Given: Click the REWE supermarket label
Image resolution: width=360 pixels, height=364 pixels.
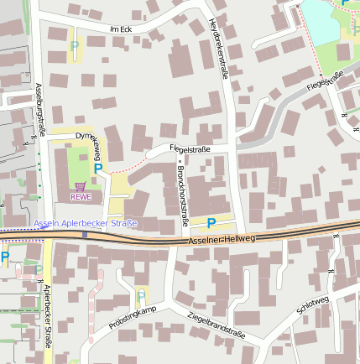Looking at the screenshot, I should (x=81, y=197).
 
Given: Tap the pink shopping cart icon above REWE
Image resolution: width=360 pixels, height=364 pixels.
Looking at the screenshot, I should (x=80, y=186).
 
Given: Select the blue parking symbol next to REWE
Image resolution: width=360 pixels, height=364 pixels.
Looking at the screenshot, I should (x=98, y=169).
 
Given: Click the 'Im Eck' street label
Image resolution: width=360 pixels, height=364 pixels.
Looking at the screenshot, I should (x=122, y=29).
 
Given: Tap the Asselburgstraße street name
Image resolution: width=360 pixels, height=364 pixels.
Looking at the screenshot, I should (x=40, y=108).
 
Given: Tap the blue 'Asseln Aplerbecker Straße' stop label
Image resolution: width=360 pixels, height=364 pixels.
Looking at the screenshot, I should (x=86, y=223).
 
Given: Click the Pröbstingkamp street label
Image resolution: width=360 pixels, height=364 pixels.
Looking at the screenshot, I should (x=132, y=317).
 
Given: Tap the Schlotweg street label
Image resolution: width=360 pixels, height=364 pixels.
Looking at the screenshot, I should (x=312, y=305).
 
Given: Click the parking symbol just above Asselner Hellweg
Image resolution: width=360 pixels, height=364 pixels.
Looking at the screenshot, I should (x=211, y=222).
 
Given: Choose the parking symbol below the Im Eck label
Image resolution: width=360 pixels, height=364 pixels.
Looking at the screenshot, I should (x=74, y=46).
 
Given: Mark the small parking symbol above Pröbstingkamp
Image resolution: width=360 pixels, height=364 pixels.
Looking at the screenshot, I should (x=140, y=294).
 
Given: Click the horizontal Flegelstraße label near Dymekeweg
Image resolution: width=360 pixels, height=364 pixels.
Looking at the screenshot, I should (x=190, y=148).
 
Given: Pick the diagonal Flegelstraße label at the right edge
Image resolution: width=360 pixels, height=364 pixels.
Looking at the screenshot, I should (x=326, y=81).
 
